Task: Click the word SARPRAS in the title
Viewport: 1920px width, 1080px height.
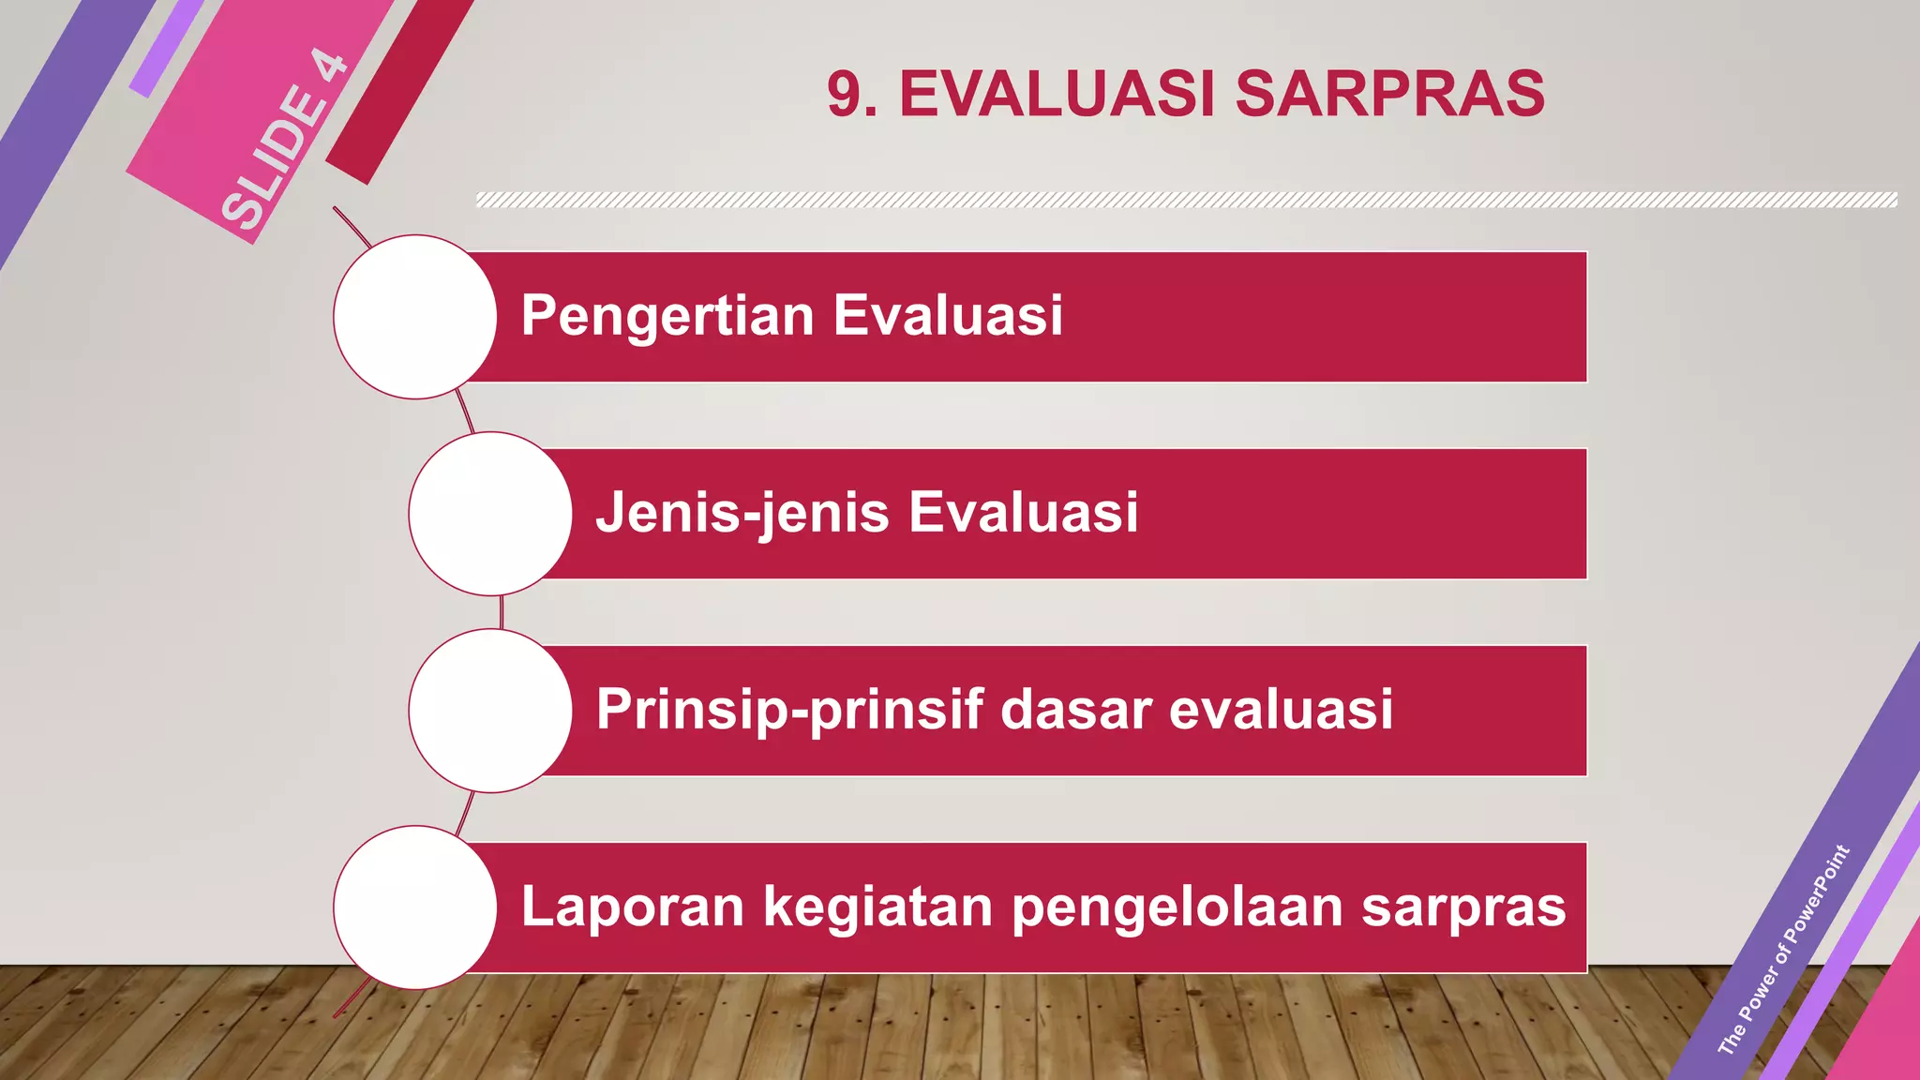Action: pos(1389,94)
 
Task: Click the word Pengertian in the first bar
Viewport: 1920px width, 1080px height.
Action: pos(667,316)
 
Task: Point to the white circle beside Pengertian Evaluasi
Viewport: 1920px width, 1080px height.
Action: pos(414,317)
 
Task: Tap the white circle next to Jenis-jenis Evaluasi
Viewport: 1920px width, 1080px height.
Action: pos(489,514)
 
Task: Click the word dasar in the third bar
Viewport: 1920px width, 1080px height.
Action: pos(1074,710)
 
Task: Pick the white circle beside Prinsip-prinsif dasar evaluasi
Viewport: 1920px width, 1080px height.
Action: pos(489,711)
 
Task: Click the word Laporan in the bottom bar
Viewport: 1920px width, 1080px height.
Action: pos(632,907)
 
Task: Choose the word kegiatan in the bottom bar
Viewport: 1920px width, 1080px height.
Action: pos(877,908)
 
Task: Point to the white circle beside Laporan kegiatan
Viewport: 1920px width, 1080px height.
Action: pos(414,907)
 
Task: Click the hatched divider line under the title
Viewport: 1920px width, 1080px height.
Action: pos(1186,200)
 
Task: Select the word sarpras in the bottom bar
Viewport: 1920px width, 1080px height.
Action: pos(1463,908)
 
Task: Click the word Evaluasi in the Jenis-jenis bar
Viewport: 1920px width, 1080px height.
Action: pos(1023,513)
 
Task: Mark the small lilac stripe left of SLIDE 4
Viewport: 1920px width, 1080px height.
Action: pos(165,49)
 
